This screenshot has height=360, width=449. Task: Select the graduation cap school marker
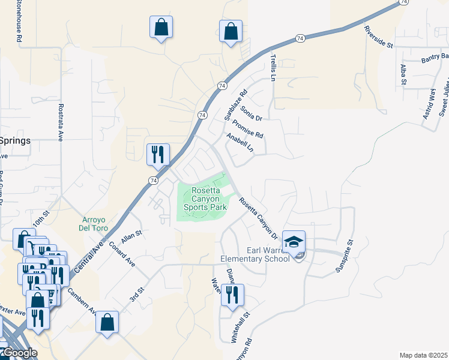(294, 242)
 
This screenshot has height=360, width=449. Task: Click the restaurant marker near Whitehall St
(232, 295)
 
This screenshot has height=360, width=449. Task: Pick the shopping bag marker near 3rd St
(107, 323)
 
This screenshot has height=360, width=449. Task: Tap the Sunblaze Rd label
(235, 106)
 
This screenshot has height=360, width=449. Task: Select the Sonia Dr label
(252, 113)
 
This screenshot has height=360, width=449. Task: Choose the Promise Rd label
(248, 127)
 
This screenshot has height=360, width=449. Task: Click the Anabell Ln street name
(240, 142)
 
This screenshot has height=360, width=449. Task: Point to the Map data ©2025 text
(423, 355)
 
